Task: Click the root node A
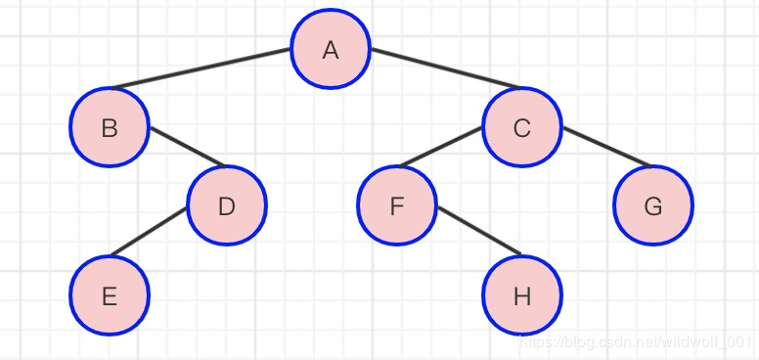coord(331,49)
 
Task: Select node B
coord(110,127)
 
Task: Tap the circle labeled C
coord(522,127)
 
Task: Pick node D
coord(227,205)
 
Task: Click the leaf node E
coord(110,295)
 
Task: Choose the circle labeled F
coord(397,205)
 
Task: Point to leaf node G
coord(653,205)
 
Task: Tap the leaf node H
coord(522,295)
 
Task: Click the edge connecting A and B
coord(201,68)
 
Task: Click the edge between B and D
coord(188,147)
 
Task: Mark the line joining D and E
coord(149,231)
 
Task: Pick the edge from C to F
coord(440,147)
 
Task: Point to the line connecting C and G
coord(607,147)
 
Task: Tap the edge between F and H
coord(479,230)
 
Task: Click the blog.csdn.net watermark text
coord(634,342)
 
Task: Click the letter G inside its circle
coord(653,207)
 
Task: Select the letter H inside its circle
coord(522,296)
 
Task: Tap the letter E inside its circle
coord(110,296)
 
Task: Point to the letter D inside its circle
coord(227,207)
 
